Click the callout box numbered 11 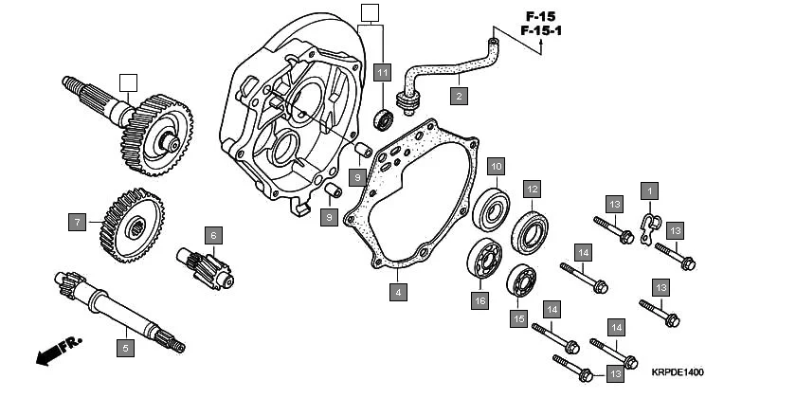click(382, 73)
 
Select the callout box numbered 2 click(458, 96)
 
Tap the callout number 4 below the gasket click(398, 292)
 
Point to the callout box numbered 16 click(480, 300)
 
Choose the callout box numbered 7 click(76, 223)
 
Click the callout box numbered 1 click(649, 190)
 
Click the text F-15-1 click(540, 31)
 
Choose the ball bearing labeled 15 click(521, 280)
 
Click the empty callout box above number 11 click(370, 12)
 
